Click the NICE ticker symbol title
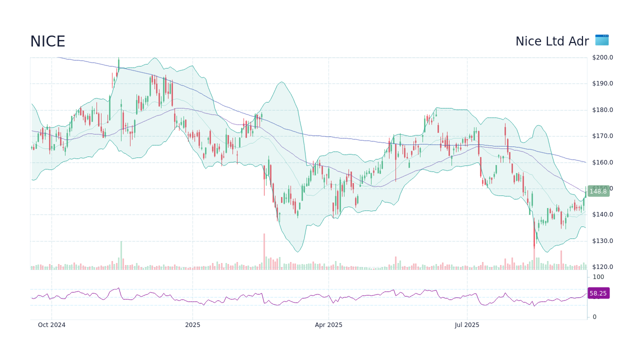tap(47, 41)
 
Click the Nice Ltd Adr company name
tap(552, 41)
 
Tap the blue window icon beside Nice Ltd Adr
tap(602, 40)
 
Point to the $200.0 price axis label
tap(602, 57)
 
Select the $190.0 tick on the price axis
tap(602, 83)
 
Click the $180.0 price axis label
tap(602, 110)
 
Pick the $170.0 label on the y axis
tap(602, 136)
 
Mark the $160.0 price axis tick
tap(602, 162)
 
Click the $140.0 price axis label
tap(602, 214)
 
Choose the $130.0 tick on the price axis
tap(602, 241)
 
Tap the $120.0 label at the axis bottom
tap(602, 267)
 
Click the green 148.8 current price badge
tap(598, 191)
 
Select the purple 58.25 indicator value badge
tap(598, 293)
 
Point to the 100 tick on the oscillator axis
tap(598, 277)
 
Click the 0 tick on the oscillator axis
tap(594, 317)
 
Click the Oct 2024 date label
tap(51, 325)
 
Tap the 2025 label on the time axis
tap(192, 325)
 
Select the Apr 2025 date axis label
tap(328, 325)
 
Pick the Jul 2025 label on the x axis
tap(467, 325)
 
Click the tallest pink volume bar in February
tap(264, 252)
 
